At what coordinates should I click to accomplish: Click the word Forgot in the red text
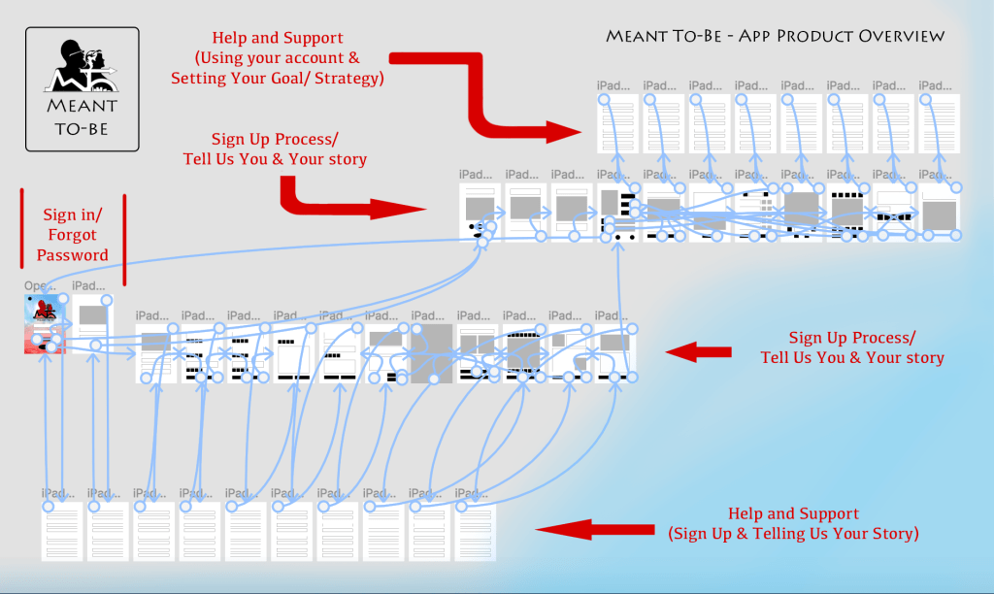[x=73, y=235]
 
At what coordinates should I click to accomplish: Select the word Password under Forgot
[x=73, y=255]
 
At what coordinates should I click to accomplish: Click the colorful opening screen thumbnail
[x=45, y=324]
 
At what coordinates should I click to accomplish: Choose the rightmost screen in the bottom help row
[x=475, y=531]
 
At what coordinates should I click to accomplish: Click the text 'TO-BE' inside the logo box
[x=82, y=126]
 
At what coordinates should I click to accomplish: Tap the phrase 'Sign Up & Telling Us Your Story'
[x=793, y=533]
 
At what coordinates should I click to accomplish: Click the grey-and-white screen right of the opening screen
[x=93, y=325]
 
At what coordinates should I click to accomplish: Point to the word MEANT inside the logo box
[x=82, y=105]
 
